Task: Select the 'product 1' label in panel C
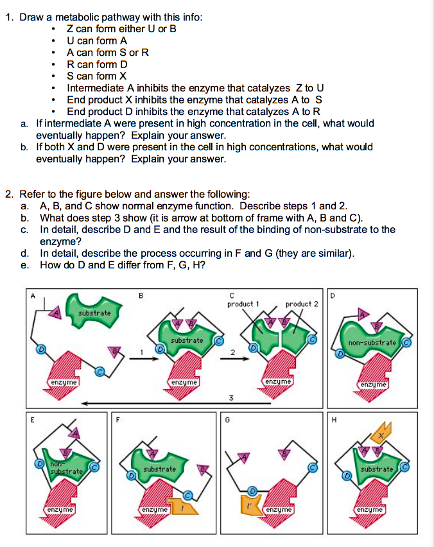click(243, 303)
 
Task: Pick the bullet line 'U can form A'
click(97, 40)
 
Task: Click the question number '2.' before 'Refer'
click(9, 194)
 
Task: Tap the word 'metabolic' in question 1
click(71, 17)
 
